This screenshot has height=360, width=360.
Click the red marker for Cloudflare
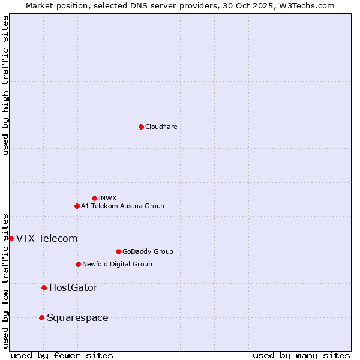point(141,127)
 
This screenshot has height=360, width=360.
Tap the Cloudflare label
point(161,127)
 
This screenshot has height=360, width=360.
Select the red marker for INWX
point(94,198)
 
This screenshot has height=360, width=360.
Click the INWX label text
point(107,198)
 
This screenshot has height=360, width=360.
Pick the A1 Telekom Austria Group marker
point(77,206)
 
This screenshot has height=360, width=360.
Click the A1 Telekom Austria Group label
point(122,206)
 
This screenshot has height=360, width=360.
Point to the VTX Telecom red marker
point(11,238)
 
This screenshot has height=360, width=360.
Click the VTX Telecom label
point(47,238)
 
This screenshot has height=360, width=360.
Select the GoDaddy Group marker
point(118,251)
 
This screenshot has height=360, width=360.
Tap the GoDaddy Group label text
point(147,251)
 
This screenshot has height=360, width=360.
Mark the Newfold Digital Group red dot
point(78,264)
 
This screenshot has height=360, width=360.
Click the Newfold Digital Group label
point(117,264)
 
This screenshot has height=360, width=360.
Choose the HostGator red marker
point(44,287)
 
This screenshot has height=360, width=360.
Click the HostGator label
point(73,288)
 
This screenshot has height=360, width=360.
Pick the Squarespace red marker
point(41,317)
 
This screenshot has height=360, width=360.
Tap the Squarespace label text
point(77,318)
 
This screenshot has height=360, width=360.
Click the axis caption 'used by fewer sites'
point(62,355)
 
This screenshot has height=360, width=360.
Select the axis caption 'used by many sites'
point(301,355)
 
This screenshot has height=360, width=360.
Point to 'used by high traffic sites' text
point(5,85)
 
